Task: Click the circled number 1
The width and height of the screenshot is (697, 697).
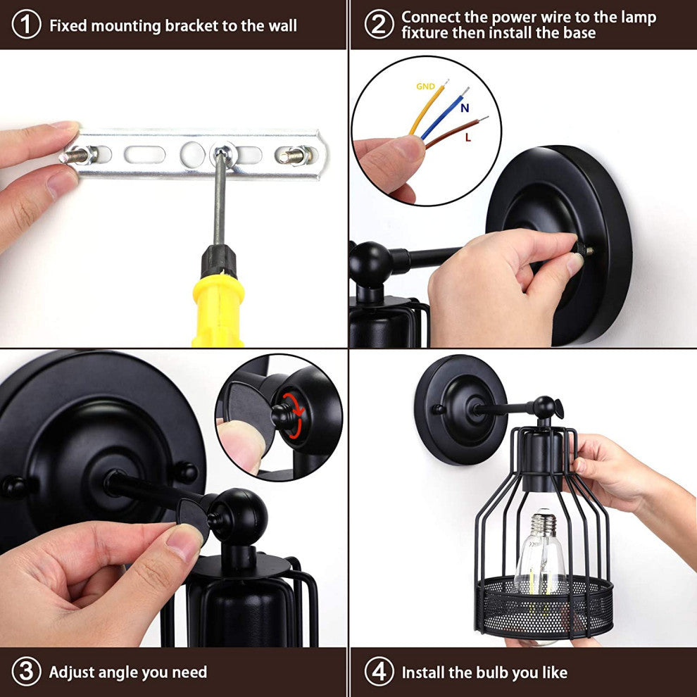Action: pyautogui.click(x=26, y=25)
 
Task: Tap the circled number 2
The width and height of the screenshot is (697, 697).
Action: pyautogui.click(x=379, y=25)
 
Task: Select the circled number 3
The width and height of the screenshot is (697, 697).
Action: pyautogui.click(x=26, y=672)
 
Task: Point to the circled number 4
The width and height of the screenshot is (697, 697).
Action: pyautogui.click(x=379, y=672)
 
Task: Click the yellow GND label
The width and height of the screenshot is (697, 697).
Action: pyautogui.click(x=425, y=86)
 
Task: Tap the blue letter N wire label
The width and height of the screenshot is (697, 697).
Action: pyautogui.click(x=465, y=108)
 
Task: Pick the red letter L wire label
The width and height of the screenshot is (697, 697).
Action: pyautogui.click(x=467, y=138)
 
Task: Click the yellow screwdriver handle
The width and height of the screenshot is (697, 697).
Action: pyautogui.click(x=218, y=310)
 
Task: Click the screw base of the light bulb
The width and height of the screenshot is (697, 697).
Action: pyautogui.click(x=543, y=524)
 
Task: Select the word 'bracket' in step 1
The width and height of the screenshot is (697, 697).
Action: pyautogui.click(x=191, y=26)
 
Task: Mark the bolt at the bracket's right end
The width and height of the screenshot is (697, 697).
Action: pyautogui.click(x=296, y=156)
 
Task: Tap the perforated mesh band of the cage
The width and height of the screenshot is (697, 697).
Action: pyautogui.click(x=544, y=606)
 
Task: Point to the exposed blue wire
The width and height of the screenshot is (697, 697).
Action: pyautogui.click(x=445, y=113)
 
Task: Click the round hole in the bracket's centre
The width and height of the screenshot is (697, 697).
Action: pyautogui.click(x=192, y=155)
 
